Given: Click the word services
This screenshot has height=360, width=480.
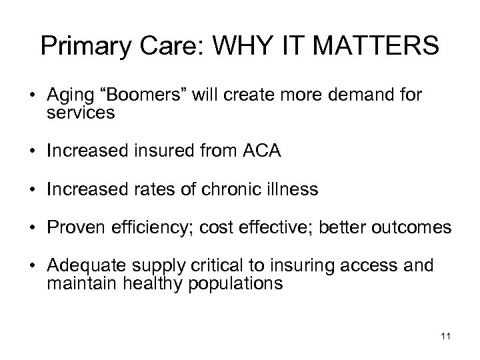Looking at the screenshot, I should tap(81, 113).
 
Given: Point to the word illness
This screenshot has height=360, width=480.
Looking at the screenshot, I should tap(293, 190).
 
